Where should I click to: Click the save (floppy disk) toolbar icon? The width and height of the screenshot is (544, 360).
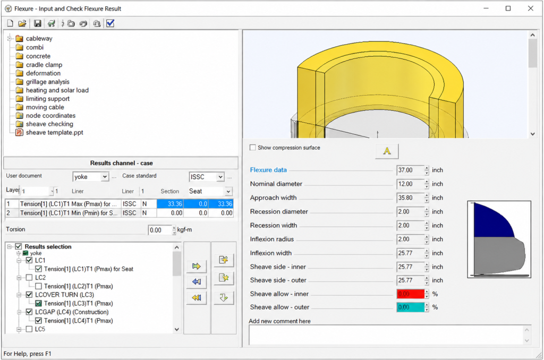[x=38, y=23]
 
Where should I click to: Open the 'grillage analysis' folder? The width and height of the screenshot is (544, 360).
[x=47, y=82]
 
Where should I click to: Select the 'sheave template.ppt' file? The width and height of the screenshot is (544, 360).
[x=55, y=133]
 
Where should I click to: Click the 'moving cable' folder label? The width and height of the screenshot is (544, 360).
[x=45, y=107]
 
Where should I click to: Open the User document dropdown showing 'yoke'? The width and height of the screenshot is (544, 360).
[x=91, y=177]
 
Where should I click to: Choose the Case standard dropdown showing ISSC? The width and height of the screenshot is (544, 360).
[x=207, y=177]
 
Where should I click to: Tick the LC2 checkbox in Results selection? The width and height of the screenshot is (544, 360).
[x=30, y=278]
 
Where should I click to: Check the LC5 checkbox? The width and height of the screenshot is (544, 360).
[x=30, y=329]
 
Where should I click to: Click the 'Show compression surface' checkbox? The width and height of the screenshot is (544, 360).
[x=253, y=148]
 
